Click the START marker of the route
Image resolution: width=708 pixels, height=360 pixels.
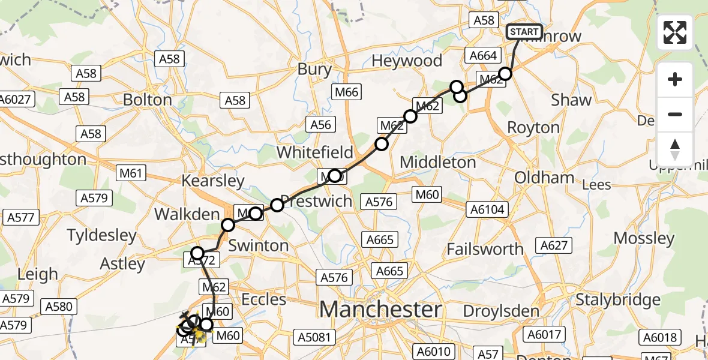(524, 31)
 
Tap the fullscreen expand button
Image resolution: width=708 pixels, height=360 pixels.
(675, 32)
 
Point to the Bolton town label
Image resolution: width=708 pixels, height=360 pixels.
(148, 99)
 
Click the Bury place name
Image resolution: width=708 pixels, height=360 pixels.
(314, 70)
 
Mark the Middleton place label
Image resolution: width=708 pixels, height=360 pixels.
(437, 162)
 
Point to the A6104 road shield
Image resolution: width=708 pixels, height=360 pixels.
(488, 209)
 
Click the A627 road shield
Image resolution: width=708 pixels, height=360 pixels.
(554, 245)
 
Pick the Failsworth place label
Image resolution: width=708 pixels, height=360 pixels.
(485, 248)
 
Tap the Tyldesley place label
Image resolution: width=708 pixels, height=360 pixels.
(101, 235)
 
